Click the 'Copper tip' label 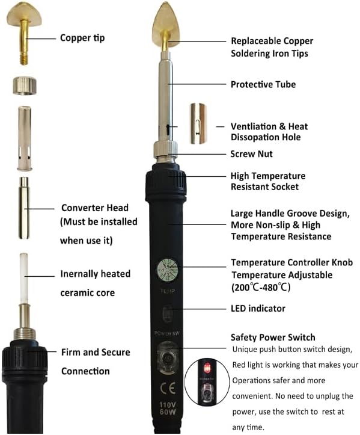(x=82, y=38)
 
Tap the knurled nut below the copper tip (x=25, y=86)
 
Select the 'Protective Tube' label (x=263, y=84)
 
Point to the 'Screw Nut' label (x=251, y=153)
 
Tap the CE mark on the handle (x=168, y=388)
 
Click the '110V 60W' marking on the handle (x=168, y=408)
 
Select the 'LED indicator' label (x=258, y=308)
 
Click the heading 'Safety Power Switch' (x=273, y=337)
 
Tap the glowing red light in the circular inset (x=207, y=368)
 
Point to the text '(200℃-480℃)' (x=261, y=287)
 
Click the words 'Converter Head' (x=95, y=208)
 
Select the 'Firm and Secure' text (x=96, y=352)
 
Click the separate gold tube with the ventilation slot (x=198, y=124)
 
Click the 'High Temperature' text (x=268, y=176)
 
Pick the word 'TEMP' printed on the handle (x=168, y=291)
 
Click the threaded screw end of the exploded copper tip (x=24, y=59)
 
